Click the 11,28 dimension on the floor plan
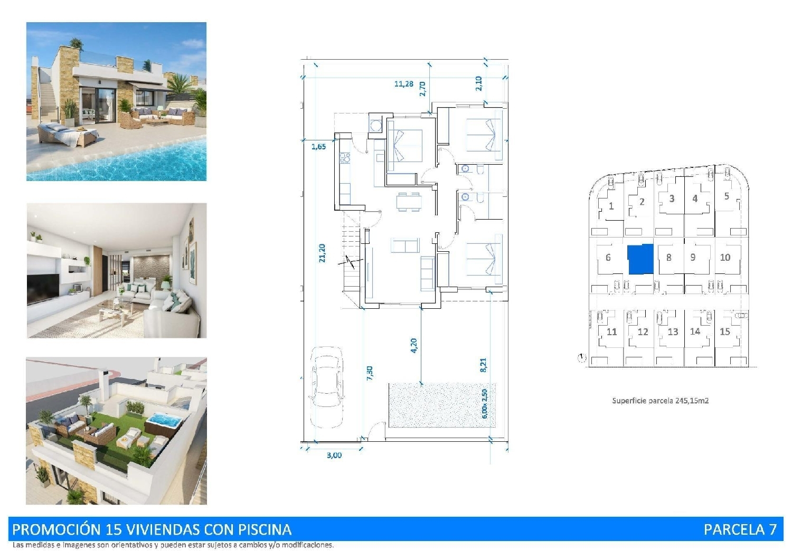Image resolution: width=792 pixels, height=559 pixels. pyautogui.click(x=403, y=83)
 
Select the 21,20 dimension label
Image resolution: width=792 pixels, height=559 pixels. pyautogui.click(x=322, y=253)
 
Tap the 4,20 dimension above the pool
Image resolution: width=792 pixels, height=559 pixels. pyautogui.click(x=413, y=345)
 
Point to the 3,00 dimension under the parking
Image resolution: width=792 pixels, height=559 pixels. pyautogui.click(x=334, y=455)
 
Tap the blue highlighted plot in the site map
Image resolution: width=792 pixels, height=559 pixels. pyautogui.click(x=640, y=259)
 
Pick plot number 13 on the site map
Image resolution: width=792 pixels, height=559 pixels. pyautogui.click(x=672, y=332)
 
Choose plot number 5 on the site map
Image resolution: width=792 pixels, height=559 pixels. pyautogui.click(x=727, y=196)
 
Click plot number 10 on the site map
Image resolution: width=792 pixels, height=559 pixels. pyautogui.click(x=725, y=258)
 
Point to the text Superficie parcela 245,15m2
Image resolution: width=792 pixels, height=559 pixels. pyautogui.click(x=660, y=401)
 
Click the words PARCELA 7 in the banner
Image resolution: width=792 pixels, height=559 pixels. pyautogui.click(x=740, y=529)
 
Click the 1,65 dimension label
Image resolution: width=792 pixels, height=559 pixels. pyautogui.click(x=318, y=147)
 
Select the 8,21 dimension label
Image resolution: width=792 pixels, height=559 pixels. pyautogui.click(x=483, y=364)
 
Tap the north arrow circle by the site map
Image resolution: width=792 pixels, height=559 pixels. pyautogui.click(x=581, y=358)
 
